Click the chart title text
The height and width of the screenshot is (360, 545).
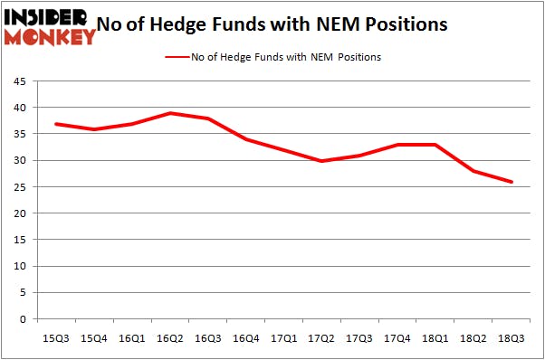(272, 24)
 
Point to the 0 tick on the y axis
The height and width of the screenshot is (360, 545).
(22, 320)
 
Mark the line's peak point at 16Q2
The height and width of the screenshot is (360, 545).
(169, 113)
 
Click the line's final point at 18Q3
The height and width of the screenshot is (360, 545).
(512, 182)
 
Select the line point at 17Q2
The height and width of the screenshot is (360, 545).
(321, 161)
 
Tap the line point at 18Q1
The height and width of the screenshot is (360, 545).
(435, 145)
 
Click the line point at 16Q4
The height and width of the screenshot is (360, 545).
(245, 139)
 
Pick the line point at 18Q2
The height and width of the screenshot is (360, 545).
(473, 171)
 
